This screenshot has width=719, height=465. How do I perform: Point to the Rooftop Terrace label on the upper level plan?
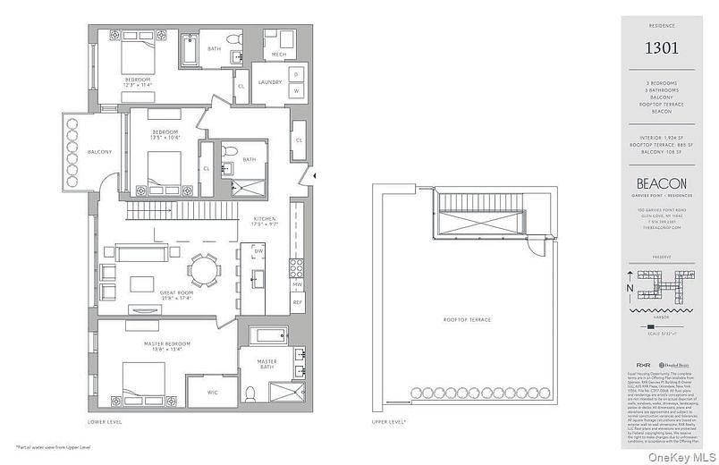467,319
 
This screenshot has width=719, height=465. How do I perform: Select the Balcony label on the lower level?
99,152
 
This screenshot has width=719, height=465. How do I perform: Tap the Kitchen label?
265,219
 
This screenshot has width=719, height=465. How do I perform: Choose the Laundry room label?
270,82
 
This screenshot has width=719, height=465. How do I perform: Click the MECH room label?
278,54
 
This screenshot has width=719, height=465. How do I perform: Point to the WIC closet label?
211,392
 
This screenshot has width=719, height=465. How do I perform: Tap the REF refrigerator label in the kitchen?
298,303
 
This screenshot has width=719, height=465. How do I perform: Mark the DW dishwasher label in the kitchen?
258,251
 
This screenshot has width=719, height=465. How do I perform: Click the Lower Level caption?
104,421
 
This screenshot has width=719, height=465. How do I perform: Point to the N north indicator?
631,289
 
